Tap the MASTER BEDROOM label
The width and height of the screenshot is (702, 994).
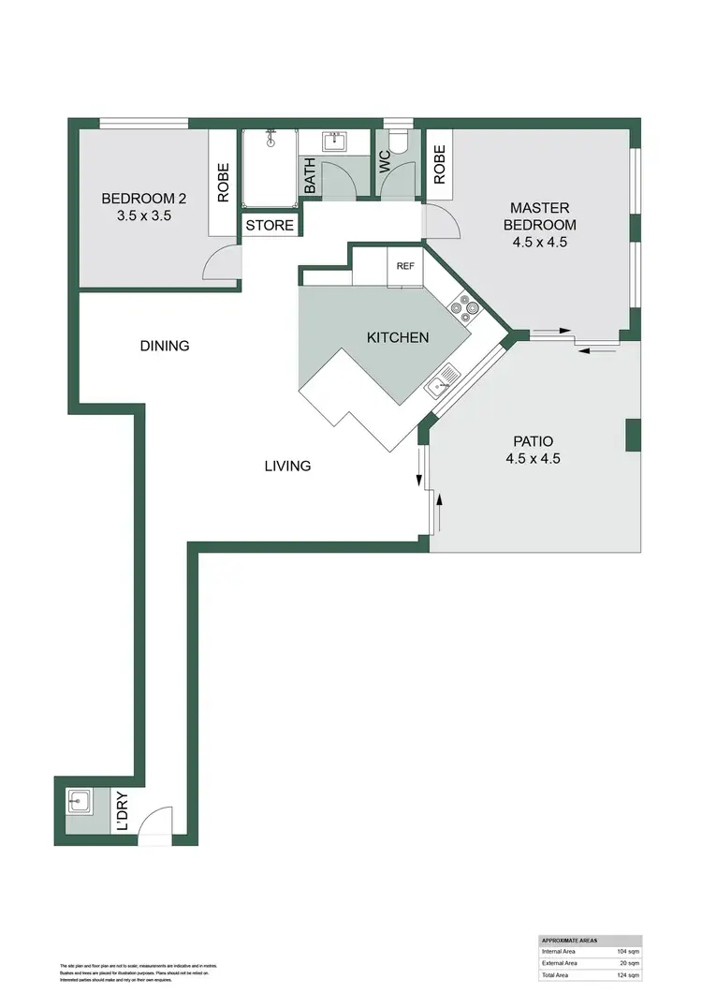[x=540, y=224]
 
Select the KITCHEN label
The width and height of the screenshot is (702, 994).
[x=397, y=337]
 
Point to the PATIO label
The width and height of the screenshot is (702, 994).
[x=533, y=450]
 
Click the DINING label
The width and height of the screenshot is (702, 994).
[x=165, y=346]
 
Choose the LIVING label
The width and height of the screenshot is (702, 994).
[x=286, y=466]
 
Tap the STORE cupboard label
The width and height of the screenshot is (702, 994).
[x=270, y=226]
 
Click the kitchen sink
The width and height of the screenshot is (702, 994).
[x=442, y=380]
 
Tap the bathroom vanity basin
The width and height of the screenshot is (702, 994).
[x=335, y=141]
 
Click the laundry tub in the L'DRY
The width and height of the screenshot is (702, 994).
[x=78, y=801]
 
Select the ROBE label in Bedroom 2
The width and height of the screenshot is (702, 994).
[x=223, y=184]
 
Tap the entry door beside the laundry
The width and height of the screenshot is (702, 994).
[x=155, y=824]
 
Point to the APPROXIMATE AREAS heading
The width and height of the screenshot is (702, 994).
[x=570, y=940]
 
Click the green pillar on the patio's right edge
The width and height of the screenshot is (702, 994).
[x=633, y=436]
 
